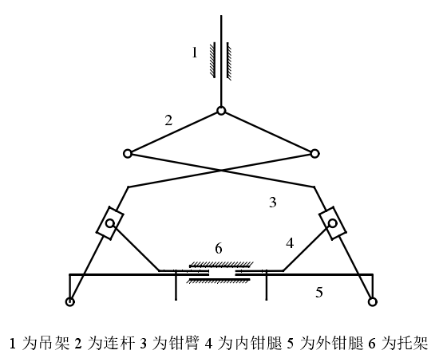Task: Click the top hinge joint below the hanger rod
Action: tap(221, 111)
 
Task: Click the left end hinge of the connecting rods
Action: tap(128, 154)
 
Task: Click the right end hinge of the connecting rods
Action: tap(314, 154)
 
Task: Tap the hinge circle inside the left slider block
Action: tap(110, 223)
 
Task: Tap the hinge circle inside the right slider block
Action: tap(332, 223)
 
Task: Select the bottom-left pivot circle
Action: tap(70, 301)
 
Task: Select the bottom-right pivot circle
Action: tap(372, 301)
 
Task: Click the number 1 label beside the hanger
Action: tap(195, 53)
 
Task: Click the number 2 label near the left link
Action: tap(168, 120)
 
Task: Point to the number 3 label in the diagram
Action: tap(273, 203)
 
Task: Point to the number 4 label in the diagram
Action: tap(290, 243)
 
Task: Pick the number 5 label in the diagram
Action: tap(319, 293)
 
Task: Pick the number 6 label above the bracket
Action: tap(219, 249)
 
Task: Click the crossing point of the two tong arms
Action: tap(221, 171)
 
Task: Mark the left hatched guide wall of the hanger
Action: tap(212, 60)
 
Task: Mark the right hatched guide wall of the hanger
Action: tap(229, 61)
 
